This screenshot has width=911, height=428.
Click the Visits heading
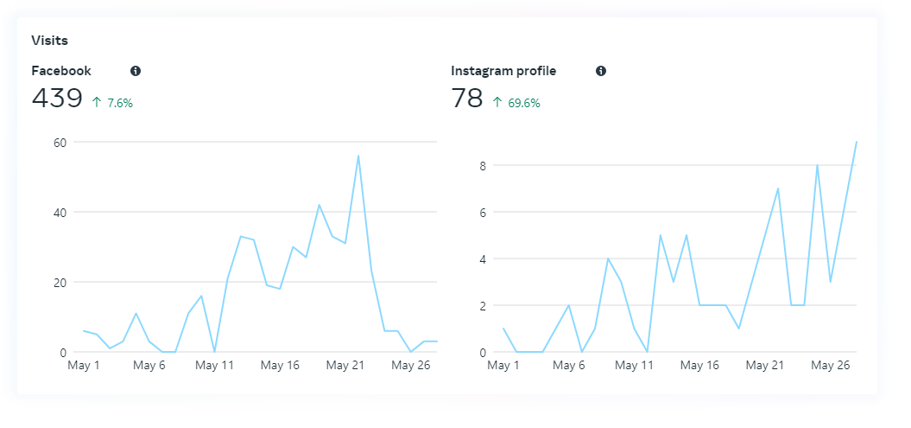click(x=49, y=40)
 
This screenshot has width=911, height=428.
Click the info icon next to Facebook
click(x=136, y=71)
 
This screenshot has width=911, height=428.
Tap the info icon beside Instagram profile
click(x=601, y=71)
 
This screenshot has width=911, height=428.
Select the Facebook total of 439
click(x=57, y=99)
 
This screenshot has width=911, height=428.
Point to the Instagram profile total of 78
click(x=467, y=99)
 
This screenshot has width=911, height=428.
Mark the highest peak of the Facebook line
click(x=357, y=156)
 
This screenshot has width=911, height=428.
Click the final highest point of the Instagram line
click(x=856, y=142)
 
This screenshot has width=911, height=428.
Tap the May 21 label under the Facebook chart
click(x=345, y=366)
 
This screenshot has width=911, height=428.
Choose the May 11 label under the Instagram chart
click(x=635, y=366)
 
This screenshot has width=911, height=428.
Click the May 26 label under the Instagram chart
click(x=830, y=366)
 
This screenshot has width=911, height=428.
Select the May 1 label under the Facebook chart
click(x=84, y=366)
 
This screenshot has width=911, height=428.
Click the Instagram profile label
click(x=503, y=71)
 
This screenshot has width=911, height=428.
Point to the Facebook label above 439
click(x=61, y=71)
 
